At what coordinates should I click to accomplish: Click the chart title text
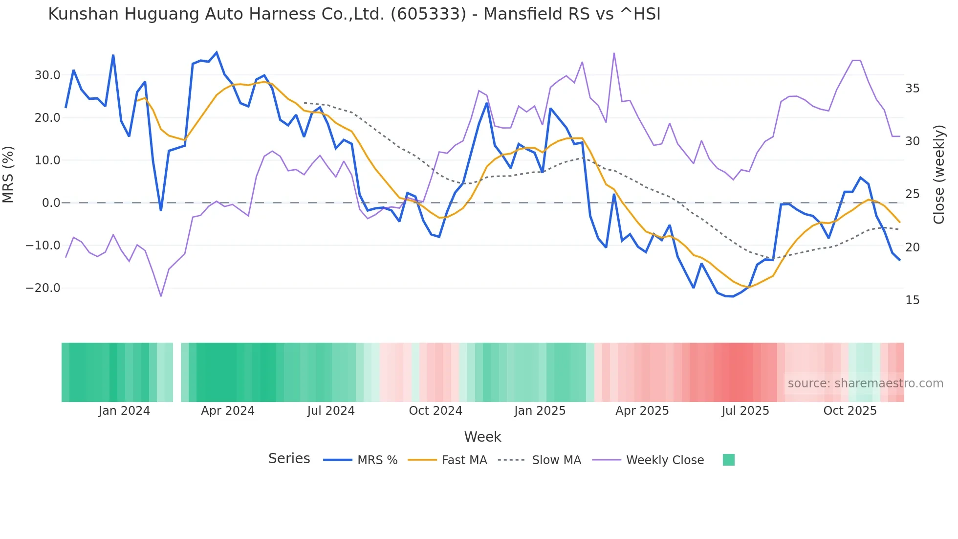pyautogui.click(x=354, y=14)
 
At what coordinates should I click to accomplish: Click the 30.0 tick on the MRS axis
pyautogui.click(x=47, y=75)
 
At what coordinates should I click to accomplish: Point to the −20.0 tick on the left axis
pyautogui.click(x=44, y=288)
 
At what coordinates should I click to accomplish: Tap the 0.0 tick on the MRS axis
pyautogui.click(x=51, y=203)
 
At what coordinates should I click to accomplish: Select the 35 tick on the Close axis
pyautogui.click(x=912, y=89)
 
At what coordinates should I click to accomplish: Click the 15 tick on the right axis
pyautogui.click(x=912, y=300)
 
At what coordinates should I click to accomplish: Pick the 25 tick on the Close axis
pyautogui.click(x=912, y=194)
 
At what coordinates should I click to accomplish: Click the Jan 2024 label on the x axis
pyautogui.click(x=124, y=411)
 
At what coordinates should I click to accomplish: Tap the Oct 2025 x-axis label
pyautogui.click(x=850, y=411)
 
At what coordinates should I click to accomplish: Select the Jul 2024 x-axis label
pyautogui.click(x=331, y=411)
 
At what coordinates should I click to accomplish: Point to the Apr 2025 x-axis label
pyautogui.click(x=642, y=411)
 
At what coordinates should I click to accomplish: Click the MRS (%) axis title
pyautogui.click(x=8, y=175)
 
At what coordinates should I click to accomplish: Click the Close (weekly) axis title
pyautogui.click(x=938, y=175)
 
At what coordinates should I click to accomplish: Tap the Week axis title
pyautogui.click(x=482, y=437)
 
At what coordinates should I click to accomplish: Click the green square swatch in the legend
pyautogui.click(x=728, y=460)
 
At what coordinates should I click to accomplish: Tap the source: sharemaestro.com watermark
pyautogui.click(x=865, y=383)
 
